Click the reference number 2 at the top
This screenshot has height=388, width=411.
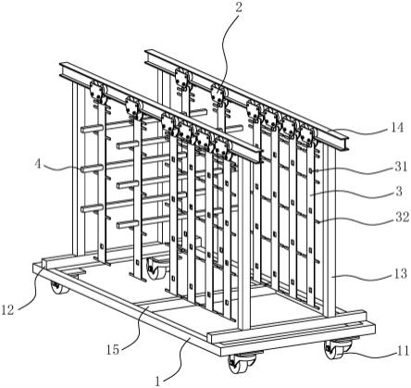click(239, 7)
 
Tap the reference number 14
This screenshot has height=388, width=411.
click(396, 127)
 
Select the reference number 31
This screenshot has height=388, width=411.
click(400, 167)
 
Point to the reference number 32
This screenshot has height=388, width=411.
click(402, 217)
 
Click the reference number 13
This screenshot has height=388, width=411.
click(400, 273)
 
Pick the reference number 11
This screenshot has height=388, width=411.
click(403, 351)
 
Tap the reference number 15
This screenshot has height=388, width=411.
click(113, 350)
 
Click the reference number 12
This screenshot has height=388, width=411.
click(7, 309)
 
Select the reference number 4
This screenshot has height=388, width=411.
click(37, 164)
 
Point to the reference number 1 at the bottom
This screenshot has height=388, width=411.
click(157, 382)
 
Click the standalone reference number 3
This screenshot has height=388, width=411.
click(399, 191)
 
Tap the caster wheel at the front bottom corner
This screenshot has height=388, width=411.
click(242, 364)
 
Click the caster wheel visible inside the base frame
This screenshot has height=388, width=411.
click(156, 268)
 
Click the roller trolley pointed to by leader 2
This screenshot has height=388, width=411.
click(218, 93)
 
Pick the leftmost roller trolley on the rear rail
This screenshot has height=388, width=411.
click(183, 77)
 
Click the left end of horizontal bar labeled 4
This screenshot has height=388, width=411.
click(82, 169)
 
